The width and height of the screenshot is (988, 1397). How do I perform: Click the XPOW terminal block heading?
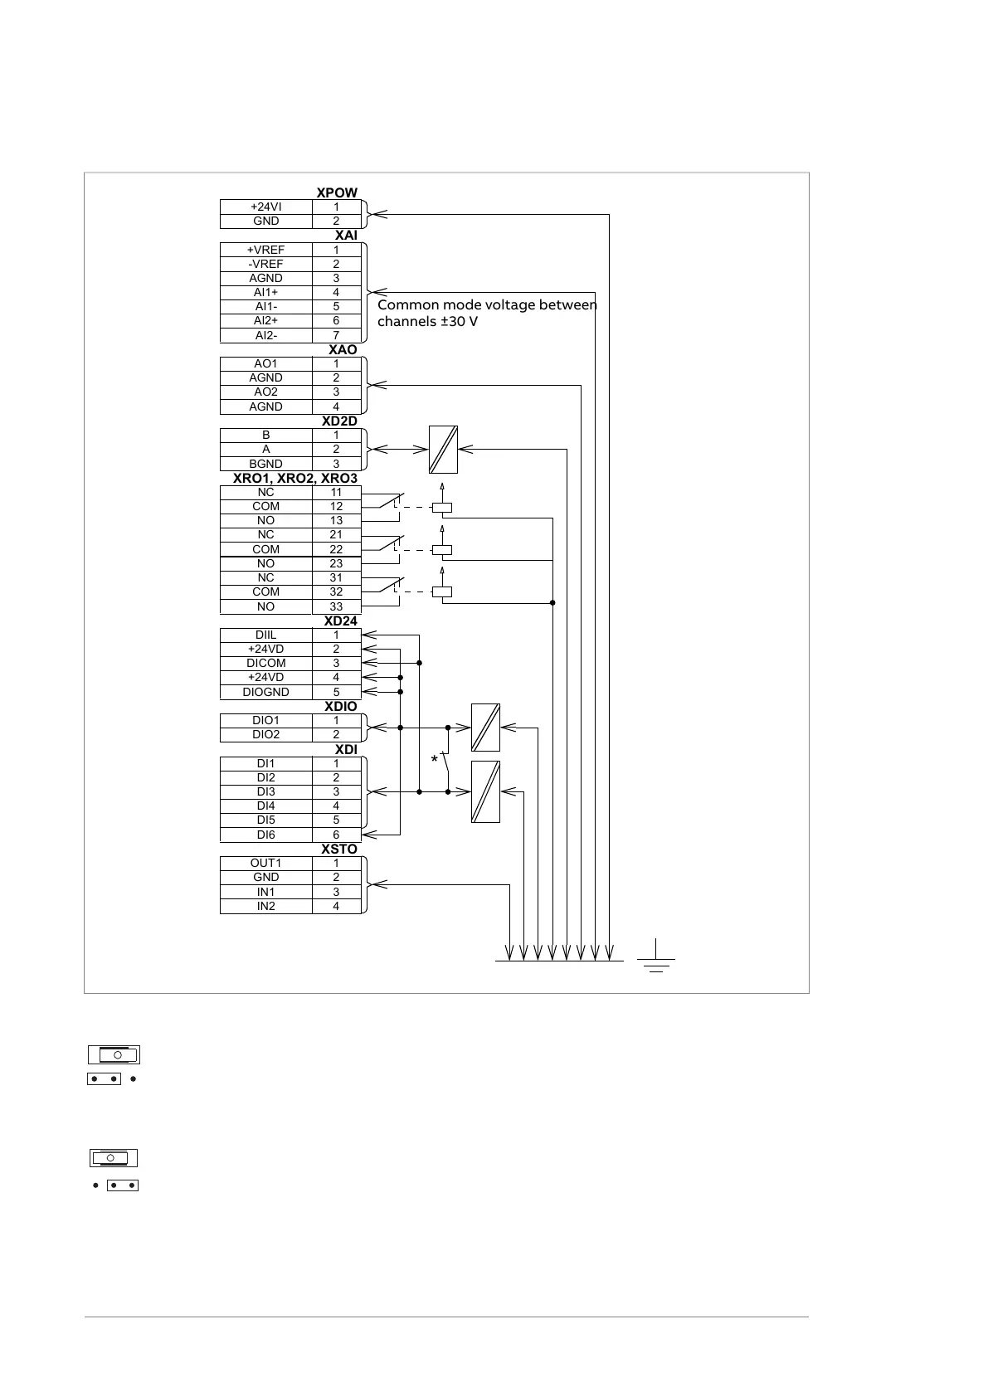pyautogui.click(x=337, y=192)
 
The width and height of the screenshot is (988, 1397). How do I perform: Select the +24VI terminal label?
pyautogui.click(x=265, y=207)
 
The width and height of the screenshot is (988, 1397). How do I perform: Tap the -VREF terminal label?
pyautogui.click(x=265, y=264)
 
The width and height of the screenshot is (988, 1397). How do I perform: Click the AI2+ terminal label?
pyautogui.click(x=265, y=320)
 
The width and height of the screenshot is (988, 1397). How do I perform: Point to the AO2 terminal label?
pyautogui.click(x=265, y=392)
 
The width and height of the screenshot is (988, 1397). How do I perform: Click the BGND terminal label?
pyautogui.click(x=265, y=464)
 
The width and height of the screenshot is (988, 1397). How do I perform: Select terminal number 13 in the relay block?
pyautogui.click(x=336, y=520)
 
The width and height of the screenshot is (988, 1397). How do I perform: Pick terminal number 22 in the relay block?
pyautogui.click(x=336, y=549)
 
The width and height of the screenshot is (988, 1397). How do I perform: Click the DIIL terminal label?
pyautogui.click(x=265, y=635)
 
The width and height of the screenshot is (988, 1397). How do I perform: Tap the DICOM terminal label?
pyautogui.click(x=265, y=663)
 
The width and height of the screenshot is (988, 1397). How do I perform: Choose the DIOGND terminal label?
pyautogui.click(x=265, y=692)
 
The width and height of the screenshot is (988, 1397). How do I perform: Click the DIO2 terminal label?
pyautogui.click(x=265, y=734)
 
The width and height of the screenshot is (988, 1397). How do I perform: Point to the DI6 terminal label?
pyautogui.click(x=265, y=835)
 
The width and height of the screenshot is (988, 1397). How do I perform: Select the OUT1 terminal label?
pyautogui.click(x=265, y=863)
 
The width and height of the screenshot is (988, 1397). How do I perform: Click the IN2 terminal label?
pyautogui.click(x=265, y=906)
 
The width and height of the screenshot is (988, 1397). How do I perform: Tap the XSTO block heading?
pyautogui.click(x=339, y=849)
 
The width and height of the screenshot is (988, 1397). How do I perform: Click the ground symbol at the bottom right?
pyautogui.click(x=655, y=959)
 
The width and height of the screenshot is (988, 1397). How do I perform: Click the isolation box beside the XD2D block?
pyautogui.click(x=443, y=450)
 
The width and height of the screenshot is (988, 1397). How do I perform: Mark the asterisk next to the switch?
pyautogui.click(x=434, y=760)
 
